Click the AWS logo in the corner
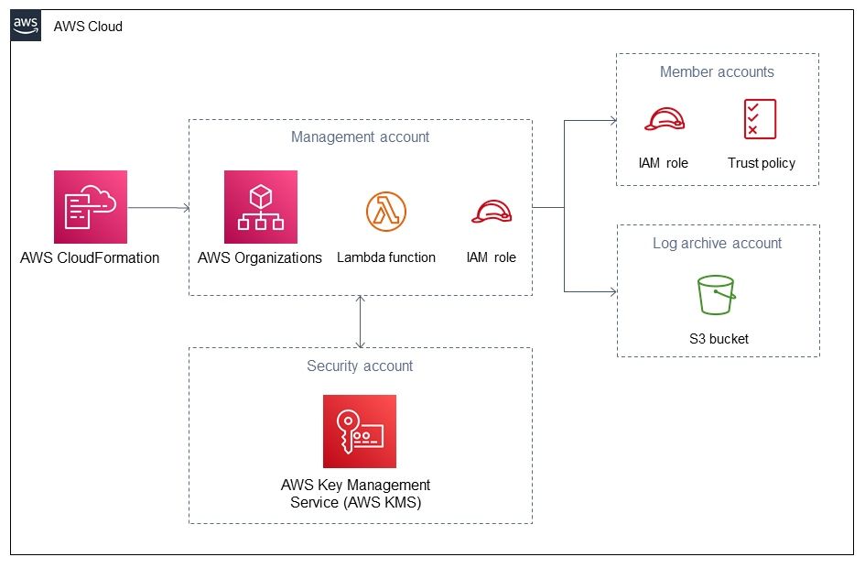coord(26,26)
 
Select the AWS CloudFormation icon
coord(91,207)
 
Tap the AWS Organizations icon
coord(260,207)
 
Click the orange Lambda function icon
coord(386,212)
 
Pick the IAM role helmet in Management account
coord(492,212)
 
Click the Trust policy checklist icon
coord(760,119)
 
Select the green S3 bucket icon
coord(716,295)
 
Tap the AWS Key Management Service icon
coord(360,431)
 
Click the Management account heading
coord(361,137)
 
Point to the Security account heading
coord(360,366)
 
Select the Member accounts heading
coord(717,71)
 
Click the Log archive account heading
coord(717,244)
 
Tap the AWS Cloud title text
coord(88,27)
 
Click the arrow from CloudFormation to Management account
coord(159,208)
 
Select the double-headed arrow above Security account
coord(361,322)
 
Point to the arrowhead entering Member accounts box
coord(613,120)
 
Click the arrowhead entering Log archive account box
coord(613,291)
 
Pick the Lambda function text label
coord(386,257)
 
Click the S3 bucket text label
coord(719,339)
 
